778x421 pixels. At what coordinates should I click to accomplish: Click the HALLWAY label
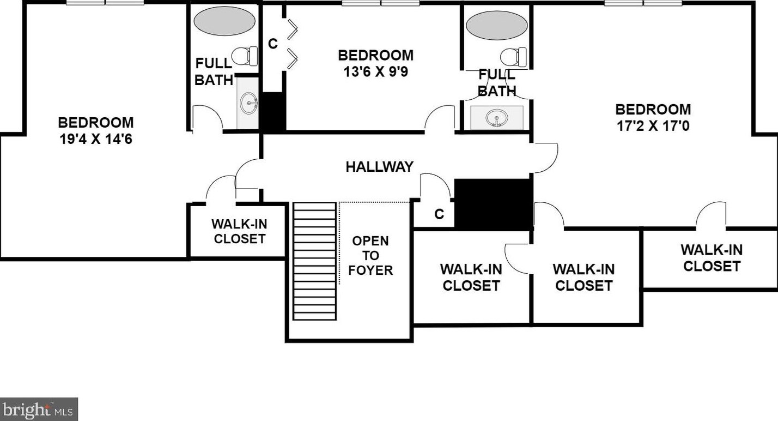[379, 167]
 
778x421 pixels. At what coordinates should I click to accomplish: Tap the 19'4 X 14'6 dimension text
[96, 140]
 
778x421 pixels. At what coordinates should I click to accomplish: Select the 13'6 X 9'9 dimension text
[375, 72]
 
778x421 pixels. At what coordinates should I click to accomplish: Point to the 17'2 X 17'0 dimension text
[653, 126]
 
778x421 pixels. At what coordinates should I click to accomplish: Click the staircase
[315, 261]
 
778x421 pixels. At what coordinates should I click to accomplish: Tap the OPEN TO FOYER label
[370, 256]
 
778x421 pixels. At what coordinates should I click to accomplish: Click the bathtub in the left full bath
[224, 21]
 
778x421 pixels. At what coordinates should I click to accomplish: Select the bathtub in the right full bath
[497, 25]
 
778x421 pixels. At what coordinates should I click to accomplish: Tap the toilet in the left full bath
[245, 56]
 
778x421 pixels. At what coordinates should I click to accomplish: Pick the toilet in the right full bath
[513, 57]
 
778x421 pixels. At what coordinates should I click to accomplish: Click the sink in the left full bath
[249, 103]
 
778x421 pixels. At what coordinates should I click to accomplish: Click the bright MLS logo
[39, 409]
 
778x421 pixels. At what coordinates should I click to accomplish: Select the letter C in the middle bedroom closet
[273, 44]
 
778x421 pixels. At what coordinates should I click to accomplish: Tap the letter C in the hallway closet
[439, 214]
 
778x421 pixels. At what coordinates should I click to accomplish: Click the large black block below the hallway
[494, 205]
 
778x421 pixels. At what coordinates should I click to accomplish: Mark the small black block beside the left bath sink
[273, 112]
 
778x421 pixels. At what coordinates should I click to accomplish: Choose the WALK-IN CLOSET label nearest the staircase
[239, 232]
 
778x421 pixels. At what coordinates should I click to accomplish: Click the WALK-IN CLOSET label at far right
[712, 258]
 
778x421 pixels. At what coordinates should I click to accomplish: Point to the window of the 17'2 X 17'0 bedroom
[643, 3]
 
